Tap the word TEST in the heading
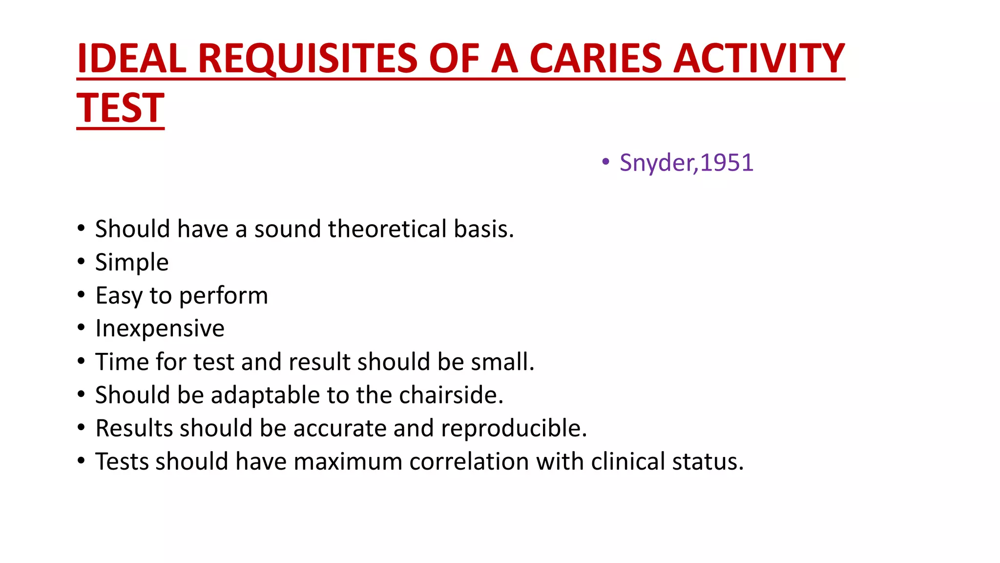pyautogui.click(x=121, y=108)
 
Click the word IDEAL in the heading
pyautogui.click(x=132, y=59)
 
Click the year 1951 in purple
pyautogui.click(x=727, y=163)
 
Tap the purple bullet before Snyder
pyautogui.click(x=606, y=162)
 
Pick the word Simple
pyautogui.click(x=132, y=263)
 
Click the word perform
pyautogui.click(x=224, y=296)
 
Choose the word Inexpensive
pyautogui.click(x=160, y=328)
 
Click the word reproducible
pyautogui.click(x=514, y=428)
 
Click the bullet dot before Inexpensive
pyautogui.click(x=81, y=327)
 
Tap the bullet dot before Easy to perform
pyautogui.click(x=81, y=294)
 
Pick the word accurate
pyautogui.click(x=339, y=428)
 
